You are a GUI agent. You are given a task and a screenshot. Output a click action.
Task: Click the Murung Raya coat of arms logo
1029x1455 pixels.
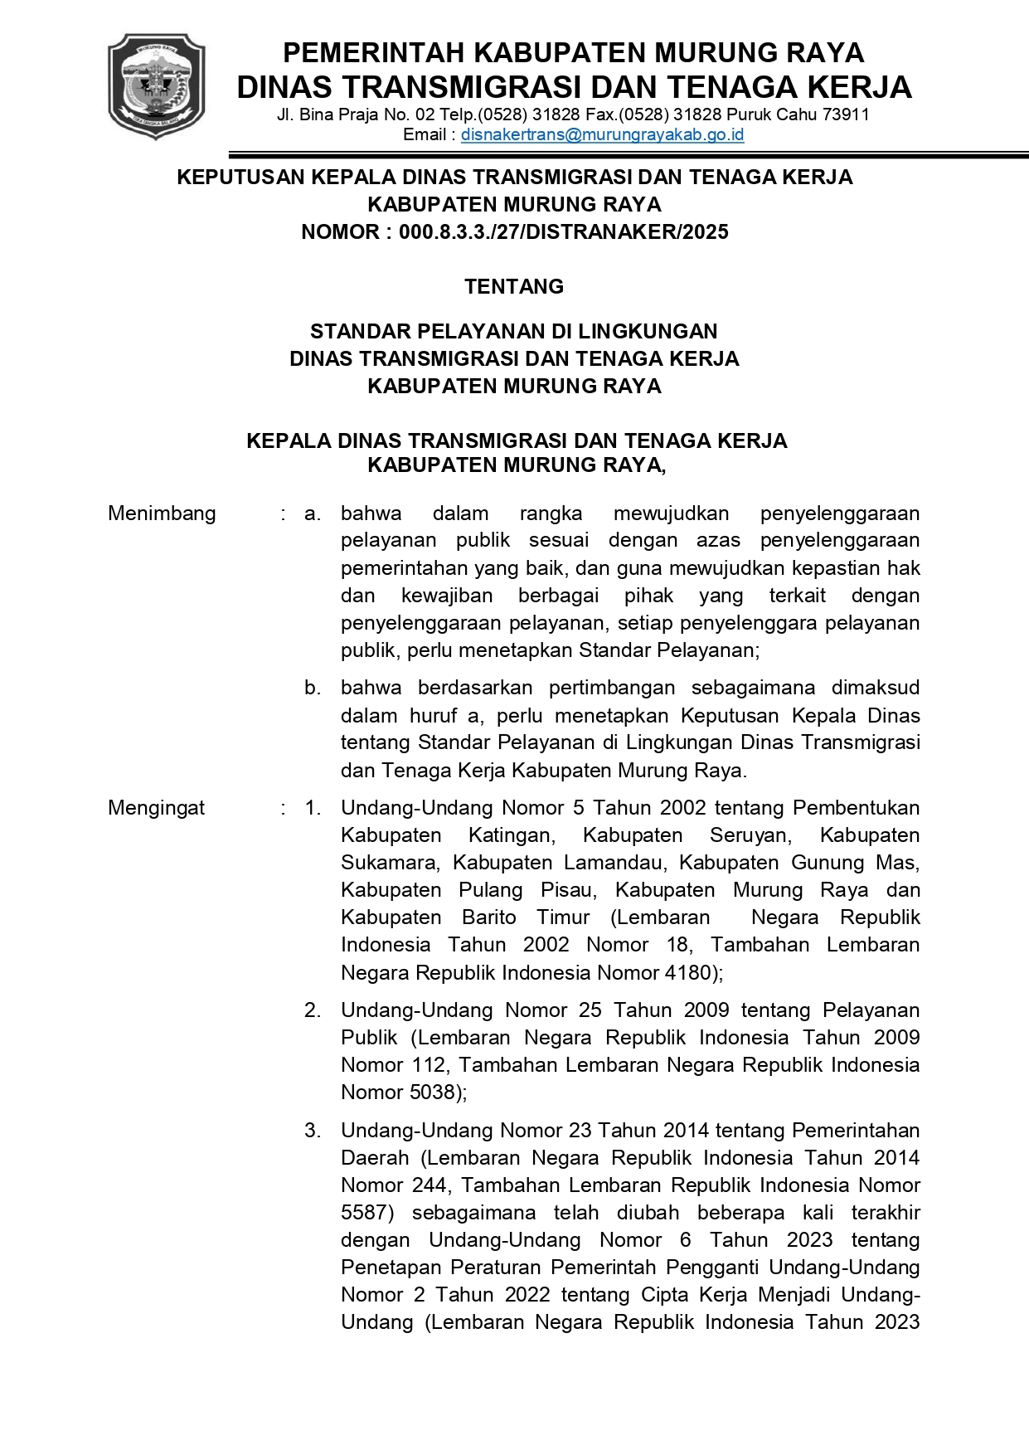[x=156, y=86]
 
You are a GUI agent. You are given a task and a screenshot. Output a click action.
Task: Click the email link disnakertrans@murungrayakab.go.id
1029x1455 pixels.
[x=602, y=134]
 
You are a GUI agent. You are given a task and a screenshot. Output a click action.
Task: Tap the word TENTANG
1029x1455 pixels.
[x=514, y=286]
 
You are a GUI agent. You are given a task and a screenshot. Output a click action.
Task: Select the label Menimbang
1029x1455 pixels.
[x=162, y=513]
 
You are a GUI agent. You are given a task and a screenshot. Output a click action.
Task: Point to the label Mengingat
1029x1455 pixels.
[x=156, y=808]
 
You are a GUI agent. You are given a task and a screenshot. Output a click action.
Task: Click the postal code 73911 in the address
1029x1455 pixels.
[x=846, y=114]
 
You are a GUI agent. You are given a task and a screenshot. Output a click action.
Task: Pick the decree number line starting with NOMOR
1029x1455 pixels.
[x=514, y=232]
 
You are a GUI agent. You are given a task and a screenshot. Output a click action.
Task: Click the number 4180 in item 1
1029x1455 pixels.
[x=692, y=972]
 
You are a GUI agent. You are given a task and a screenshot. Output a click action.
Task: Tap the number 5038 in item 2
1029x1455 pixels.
[x=436, y=1092]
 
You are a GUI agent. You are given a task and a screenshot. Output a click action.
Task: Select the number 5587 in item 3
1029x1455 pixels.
[x=365, y=1213]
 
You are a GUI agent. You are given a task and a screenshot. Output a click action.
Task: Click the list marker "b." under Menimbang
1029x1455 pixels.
[x=313, y=688]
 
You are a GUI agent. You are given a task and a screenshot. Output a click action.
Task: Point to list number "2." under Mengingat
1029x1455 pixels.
[x=313, y=1010]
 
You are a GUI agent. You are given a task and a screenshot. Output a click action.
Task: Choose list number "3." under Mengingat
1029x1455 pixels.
[x=313, y=1131]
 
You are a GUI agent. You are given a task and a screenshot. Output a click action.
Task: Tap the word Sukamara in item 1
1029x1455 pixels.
[x=388, y=863]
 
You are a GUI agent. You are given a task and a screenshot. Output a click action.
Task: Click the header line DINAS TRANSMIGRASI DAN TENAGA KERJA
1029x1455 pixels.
[x=574, y=87]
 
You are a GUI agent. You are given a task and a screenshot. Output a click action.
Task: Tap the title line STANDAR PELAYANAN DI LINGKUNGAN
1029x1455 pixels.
[x=514, y=332]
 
